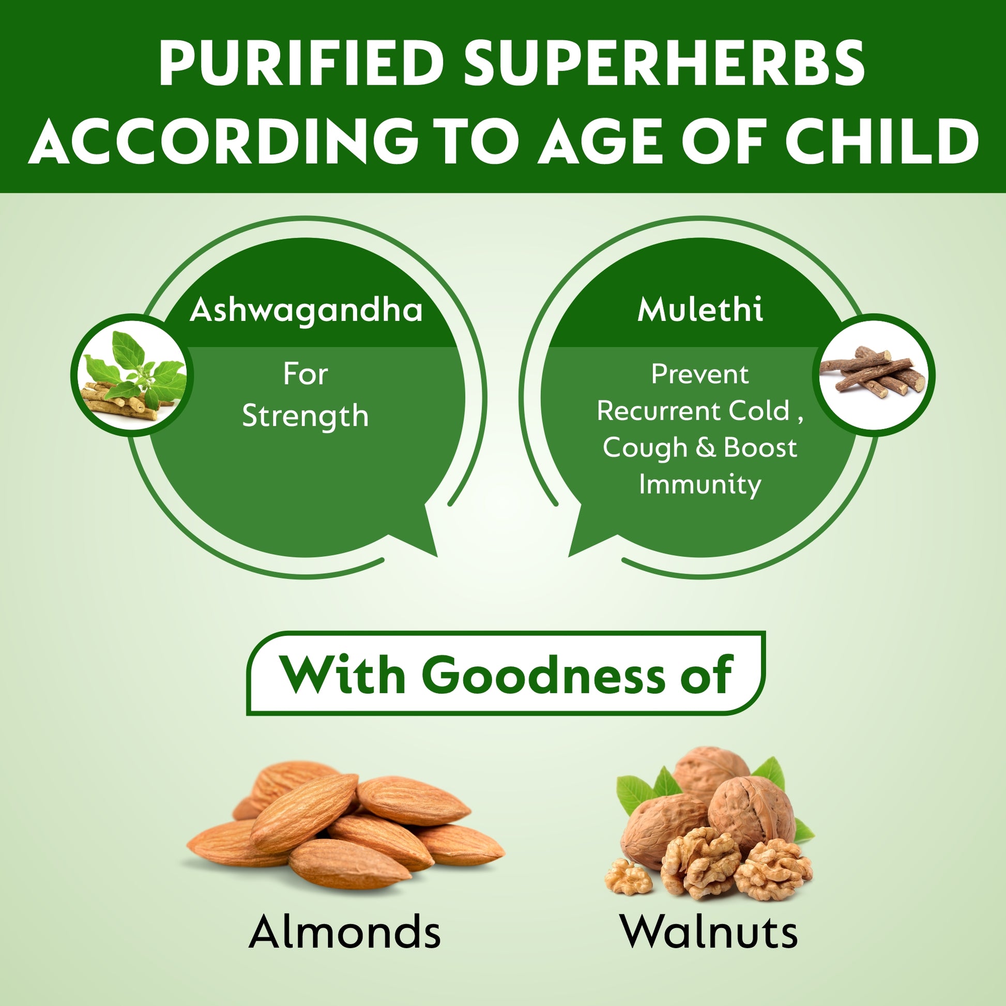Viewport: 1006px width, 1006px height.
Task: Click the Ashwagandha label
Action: point(306,311)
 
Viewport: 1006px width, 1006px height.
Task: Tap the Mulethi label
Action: point(700,309)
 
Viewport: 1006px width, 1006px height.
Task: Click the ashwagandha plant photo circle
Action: point(132,375)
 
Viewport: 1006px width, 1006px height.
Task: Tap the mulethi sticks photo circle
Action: point(874,375)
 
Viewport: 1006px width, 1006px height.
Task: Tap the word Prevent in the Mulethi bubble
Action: point(700,374)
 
